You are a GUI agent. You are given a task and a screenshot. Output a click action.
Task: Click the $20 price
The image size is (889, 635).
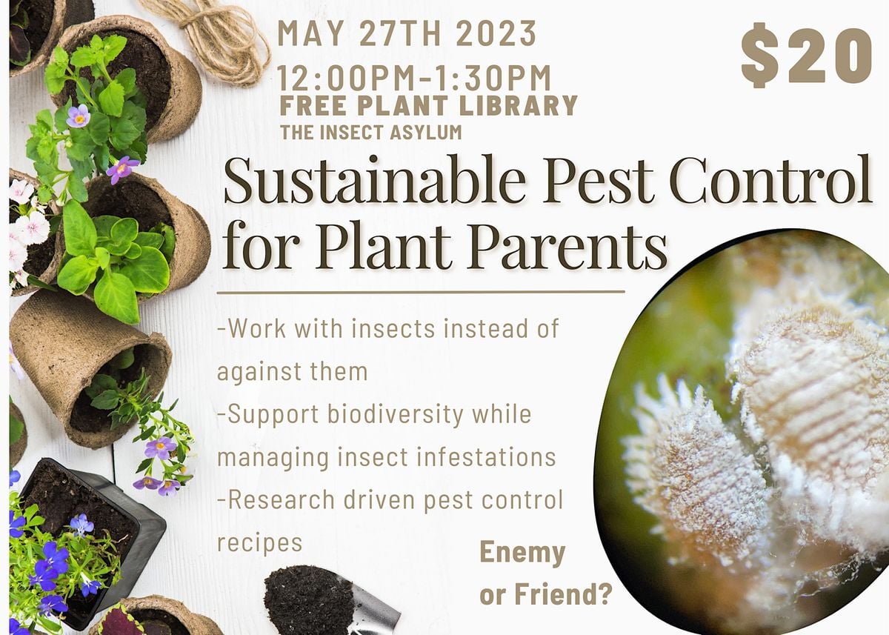pos(806,56)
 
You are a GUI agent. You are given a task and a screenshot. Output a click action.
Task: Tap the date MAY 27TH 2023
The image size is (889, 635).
pos(407,34)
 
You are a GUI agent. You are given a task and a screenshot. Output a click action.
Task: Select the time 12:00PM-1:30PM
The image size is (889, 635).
pos(415,77)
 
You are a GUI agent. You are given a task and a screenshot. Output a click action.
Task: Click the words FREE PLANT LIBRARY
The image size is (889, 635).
pos(428,105)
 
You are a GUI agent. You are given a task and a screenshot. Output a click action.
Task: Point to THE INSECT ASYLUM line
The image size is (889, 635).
pos(370,133)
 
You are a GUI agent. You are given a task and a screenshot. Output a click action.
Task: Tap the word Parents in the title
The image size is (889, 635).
pos(567,250)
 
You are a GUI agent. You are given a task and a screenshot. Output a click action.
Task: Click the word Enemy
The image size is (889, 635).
pos(522,553)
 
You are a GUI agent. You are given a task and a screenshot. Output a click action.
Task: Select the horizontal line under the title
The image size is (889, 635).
pos(420,292)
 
